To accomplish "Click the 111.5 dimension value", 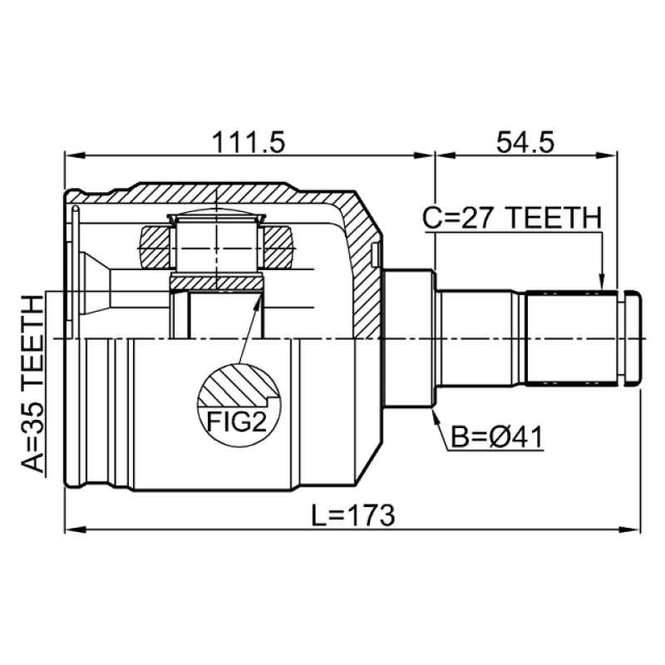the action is pos(249,141).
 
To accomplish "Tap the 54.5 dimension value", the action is pos(525,141).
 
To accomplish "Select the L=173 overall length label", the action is pos(353,515).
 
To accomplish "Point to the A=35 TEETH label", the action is pos(32,384).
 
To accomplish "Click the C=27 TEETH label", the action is pos(512,218).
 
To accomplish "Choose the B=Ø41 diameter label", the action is pos(496,437).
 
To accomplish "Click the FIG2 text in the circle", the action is pos(237,421).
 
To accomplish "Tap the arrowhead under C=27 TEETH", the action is pos(601,282).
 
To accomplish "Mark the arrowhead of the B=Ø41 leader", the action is pos(435,417).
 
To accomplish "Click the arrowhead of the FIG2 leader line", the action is pos(258,299).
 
